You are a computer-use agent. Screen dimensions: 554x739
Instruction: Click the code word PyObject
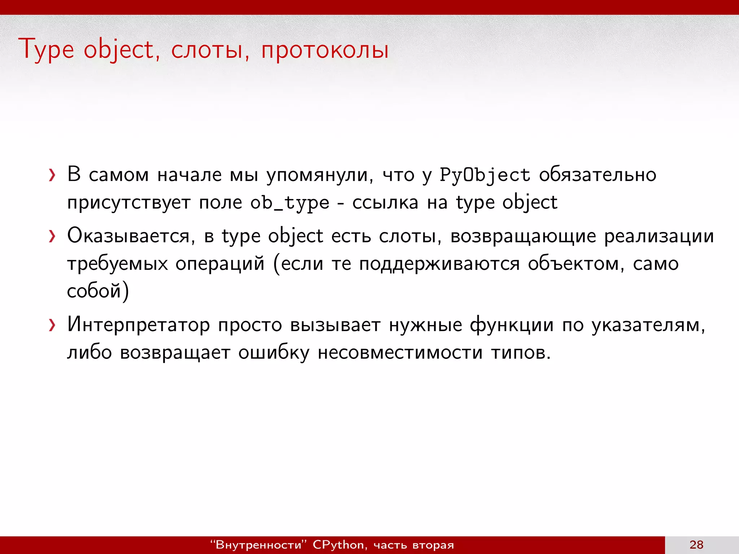point(485,175)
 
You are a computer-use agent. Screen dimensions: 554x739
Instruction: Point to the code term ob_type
point(290,203)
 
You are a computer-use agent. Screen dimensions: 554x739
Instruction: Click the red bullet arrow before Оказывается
point(53,237)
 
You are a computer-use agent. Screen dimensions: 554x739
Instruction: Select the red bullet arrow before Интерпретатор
point(53,325)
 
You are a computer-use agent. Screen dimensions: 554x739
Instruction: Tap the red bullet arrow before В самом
point(53,176)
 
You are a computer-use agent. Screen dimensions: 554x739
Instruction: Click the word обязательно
point(598,175)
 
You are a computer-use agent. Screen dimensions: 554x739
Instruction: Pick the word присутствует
point(129,203)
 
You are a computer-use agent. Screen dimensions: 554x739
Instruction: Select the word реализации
point(659,237)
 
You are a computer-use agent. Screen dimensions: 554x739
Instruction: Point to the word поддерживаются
point(439,264)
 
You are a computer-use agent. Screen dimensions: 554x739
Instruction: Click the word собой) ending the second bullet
point(98,291)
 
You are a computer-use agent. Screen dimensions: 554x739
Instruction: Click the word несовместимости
point(400,352)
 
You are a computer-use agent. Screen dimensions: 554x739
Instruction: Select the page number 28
point(696,545)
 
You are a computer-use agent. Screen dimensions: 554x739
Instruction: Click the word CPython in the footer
point(338,545)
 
